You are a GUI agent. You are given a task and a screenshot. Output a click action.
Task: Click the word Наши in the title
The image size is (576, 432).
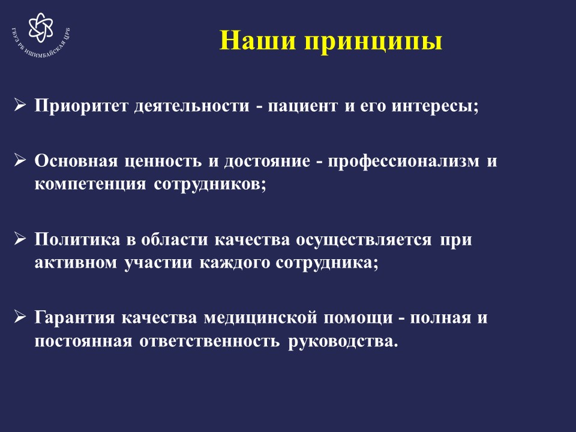pyautogui.click(x=257, y=40)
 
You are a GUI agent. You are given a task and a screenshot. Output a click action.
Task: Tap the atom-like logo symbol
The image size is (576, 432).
pyautogui.click(x=41, y=28)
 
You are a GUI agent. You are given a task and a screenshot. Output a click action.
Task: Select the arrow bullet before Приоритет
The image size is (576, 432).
pyautogui.click(x=20, y=104)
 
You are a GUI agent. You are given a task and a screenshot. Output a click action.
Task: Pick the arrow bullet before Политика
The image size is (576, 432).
pyautogui.click(x=20, y=238)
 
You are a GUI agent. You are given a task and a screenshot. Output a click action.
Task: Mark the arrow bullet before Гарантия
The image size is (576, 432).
pyautogui.click(x=20, y=316)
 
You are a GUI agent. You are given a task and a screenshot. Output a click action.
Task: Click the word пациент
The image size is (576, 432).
pyautogui.click(x=302, y=107)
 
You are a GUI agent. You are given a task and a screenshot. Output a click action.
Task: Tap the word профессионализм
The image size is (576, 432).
pyautogui.click(x=403, y=162)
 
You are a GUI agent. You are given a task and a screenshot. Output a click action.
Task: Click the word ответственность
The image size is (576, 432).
pyautogui.click(x=209, y=341)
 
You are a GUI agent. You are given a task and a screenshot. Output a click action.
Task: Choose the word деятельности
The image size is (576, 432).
pyautogui.click(x=191, y=107)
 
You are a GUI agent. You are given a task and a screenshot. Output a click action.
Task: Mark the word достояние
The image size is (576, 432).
pyautogui.click(x=267, y=162)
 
